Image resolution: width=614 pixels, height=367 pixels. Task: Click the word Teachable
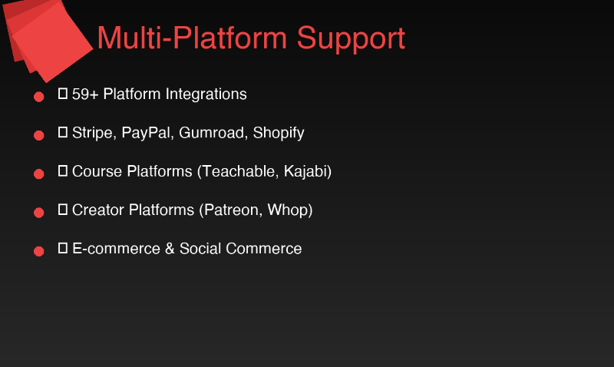click(239, 171)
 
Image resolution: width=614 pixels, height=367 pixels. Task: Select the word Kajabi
click(307, 172)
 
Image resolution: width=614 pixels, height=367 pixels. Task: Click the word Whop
click(290, 210)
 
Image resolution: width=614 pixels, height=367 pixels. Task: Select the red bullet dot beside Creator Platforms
click(39, 212)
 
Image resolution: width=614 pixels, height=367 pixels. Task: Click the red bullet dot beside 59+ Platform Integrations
click(39, 97)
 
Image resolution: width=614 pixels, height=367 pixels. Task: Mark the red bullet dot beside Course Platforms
click(39, 174)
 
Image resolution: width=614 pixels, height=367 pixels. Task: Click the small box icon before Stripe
click(64, 133)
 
